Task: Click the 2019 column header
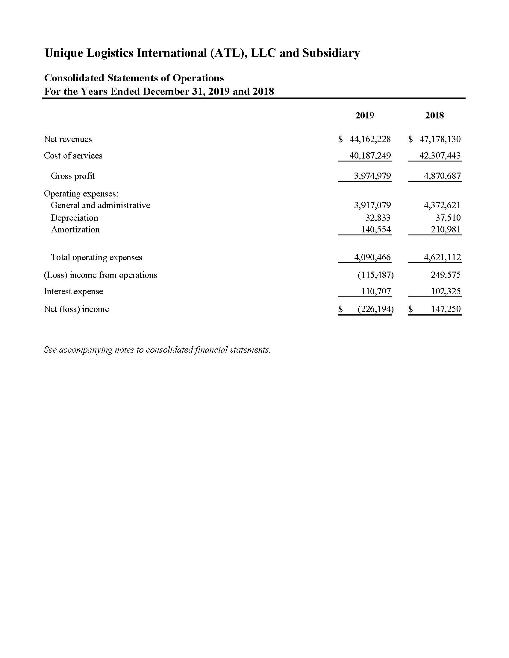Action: click(x=365, y=115)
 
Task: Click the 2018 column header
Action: click(x=434, y=115)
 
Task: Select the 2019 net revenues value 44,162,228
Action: click(x=370, y=139)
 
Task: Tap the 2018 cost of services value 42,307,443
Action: click(x=440, y=156)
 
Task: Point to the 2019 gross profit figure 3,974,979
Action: click(x=372, y=176)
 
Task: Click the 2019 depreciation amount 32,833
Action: click(x=378, y=217)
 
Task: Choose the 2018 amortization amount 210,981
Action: click(x=446, y=230)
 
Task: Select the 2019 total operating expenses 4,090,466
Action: click(x=372, y=257)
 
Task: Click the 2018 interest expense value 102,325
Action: click(x=446, y=291)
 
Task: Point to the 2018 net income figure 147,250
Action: click(x=446, y=309)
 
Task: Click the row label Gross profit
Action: click(x=73, y=176)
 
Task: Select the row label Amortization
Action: click(x=75, y=230)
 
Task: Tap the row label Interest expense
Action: click(x=73, y=291)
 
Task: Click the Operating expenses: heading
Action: click(x=81, y=194)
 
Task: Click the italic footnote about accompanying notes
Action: click(x=157, y=350)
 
